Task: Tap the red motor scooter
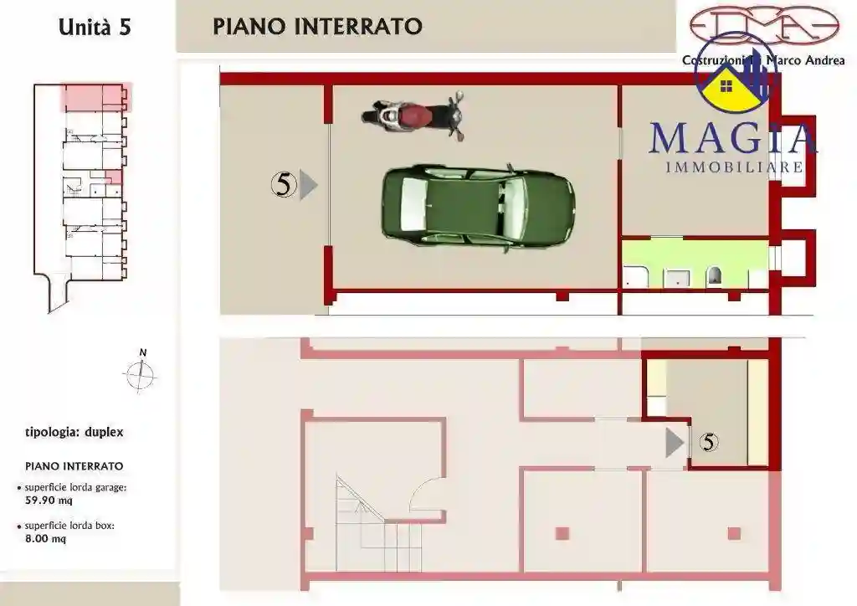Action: [x=413, y=116]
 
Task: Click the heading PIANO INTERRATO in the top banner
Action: [x=317, y=26]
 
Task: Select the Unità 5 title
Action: [x=95, y=27]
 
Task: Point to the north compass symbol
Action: [x=141, y=375]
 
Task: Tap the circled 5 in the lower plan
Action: [x=708, y=442]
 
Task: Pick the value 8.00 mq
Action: [x=46, y=539]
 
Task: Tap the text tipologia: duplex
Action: [x=74, y=433]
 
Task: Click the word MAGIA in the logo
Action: [x=731, y=138]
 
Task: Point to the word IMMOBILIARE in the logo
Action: [x=734, y=167]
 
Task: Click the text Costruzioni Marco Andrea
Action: [x=763, y=60]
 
